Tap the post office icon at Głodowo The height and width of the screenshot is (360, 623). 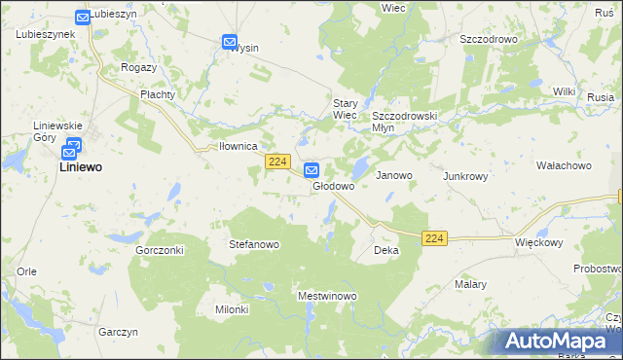coord(311,170)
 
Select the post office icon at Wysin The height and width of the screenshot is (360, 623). coord(230,42)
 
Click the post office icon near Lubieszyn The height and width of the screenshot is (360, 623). coord(82,18)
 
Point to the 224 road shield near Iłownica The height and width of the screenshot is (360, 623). coord(277,162)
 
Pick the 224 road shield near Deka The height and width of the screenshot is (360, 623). coord(435,238)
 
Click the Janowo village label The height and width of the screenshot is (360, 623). coord(394,176)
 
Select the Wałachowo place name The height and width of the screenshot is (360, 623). coord(564,166)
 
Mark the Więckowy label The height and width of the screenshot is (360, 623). coord(539,242)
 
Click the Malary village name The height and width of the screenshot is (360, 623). coord(470,285)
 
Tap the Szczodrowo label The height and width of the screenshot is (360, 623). coord(488,40)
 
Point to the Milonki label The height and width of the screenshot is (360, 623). coord(232,309)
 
